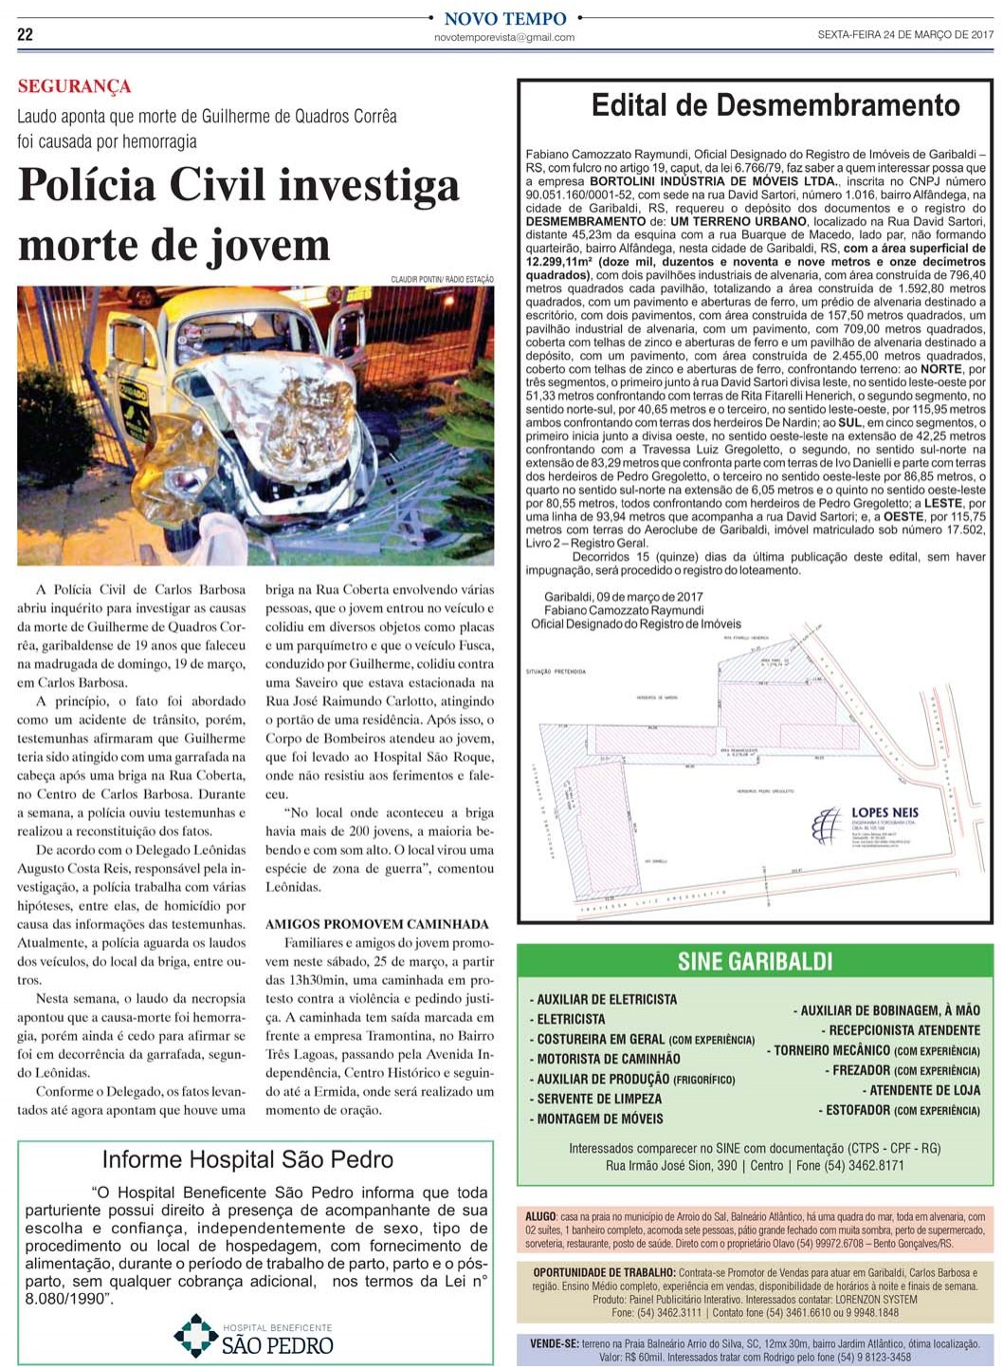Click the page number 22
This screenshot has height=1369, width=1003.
[x=25, y=34]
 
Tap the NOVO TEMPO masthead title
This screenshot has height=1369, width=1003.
[x=504, y=19]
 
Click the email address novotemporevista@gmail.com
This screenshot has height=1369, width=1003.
[x=504, y=38]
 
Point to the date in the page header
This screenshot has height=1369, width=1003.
[x=904, y=35]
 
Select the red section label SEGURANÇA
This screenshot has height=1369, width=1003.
[x=74, y=86]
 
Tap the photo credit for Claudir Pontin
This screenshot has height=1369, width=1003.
[x=442, y=279]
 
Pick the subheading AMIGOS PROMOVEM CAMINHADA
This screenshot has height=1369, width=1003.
[x=377, y=923]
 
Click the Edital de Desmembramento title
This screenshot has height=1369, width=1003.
[x=775, y=104]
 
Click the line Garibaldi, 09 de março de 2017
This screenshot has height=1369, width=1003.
[x=623, y=598]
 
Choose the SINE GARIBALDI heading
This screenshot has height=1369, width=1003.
[x=755, y=962]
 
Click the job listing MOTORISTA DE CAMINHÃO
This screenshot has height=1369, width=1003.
[x=608, y=1059]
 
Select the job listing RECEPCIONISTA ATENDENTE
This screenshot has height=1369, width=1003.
[x=904, y=1030]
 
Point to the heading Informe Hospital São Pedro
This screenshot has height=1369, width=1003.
[x=247, y=1159]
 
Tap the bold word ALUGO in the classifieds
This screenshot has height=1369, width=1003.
[x=540, y=1216]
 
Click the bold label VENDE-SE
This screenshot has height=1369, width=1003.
[x=555, y=1343]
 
